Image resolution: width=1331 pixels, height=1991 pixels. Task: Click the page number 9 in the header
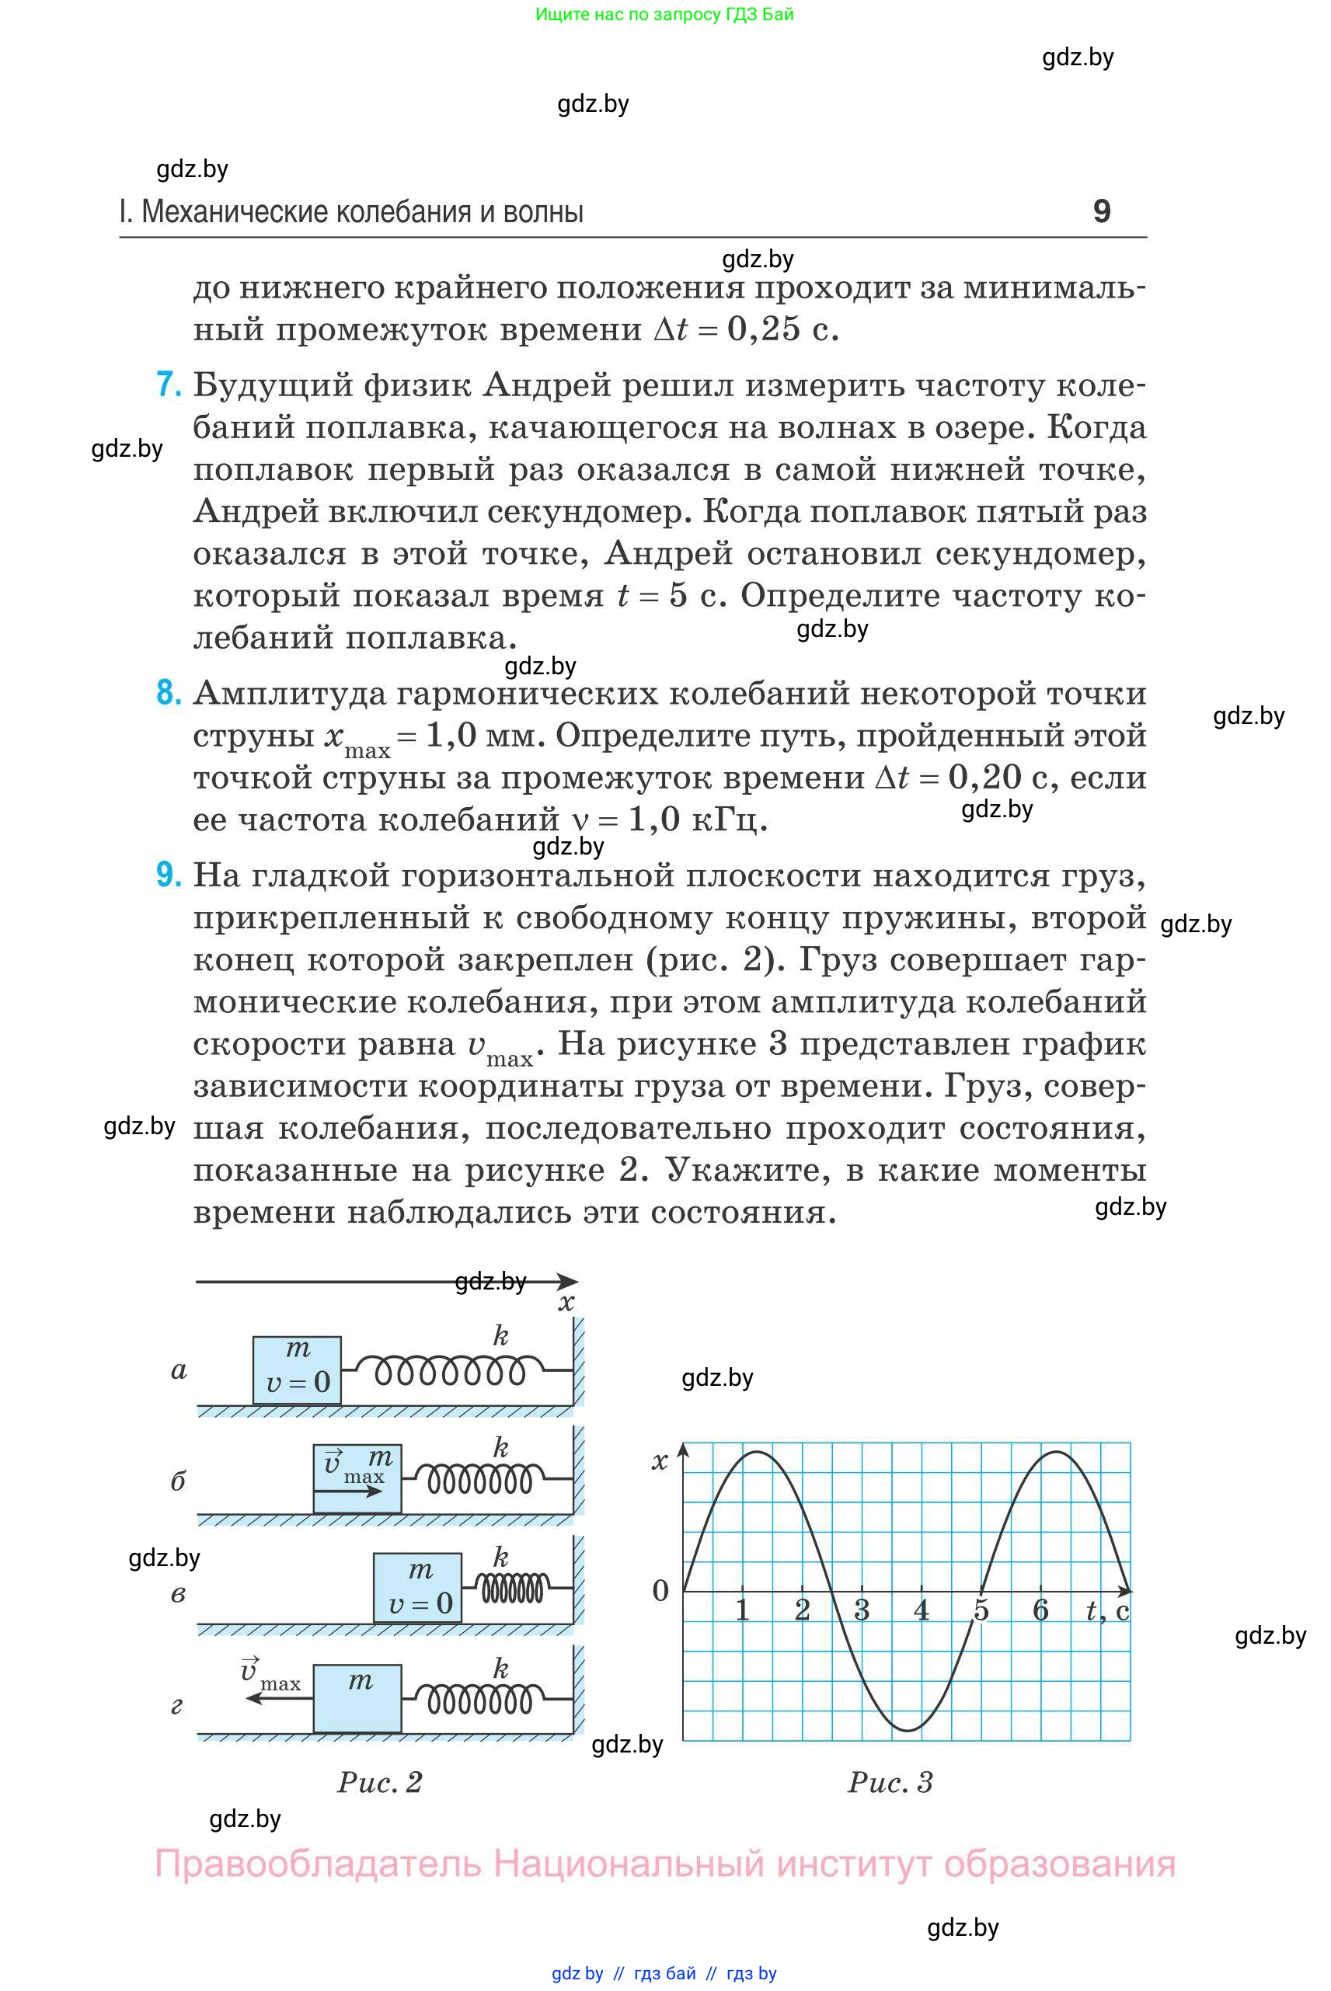pos(1101,211)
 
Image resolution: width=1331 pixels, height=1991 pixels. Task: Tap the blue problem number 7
pos(169,385)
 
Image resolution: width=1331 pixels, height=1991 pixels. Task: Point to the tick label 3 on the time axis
pos(862,1609)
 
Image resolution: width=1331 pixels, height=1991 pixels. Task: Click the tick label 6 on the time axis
pos(1040,1609)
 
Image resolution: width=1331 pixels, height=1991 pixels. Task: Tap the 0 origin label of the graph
pos(660,1590)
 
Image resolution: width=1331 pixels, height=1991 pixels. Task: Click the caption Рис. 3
pos(890,1782)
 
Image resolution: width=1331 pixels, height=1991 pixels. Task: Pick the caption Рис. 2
pos(379,1781)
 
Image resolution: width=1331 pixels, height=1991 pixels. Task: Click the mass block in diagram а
pos(297,1370)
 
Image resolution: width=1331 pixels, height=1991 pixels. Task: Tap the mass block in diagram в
pos(419,1588)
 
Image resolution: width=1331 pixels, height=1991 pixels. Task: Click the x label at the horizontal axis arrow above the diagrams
pos(566,1303)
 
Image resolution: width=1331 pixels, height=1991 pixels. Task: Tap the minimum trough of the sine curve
pos(908,1730)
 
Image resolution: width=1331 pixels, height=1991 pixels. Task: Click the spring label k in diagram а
pos(501,1337)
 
